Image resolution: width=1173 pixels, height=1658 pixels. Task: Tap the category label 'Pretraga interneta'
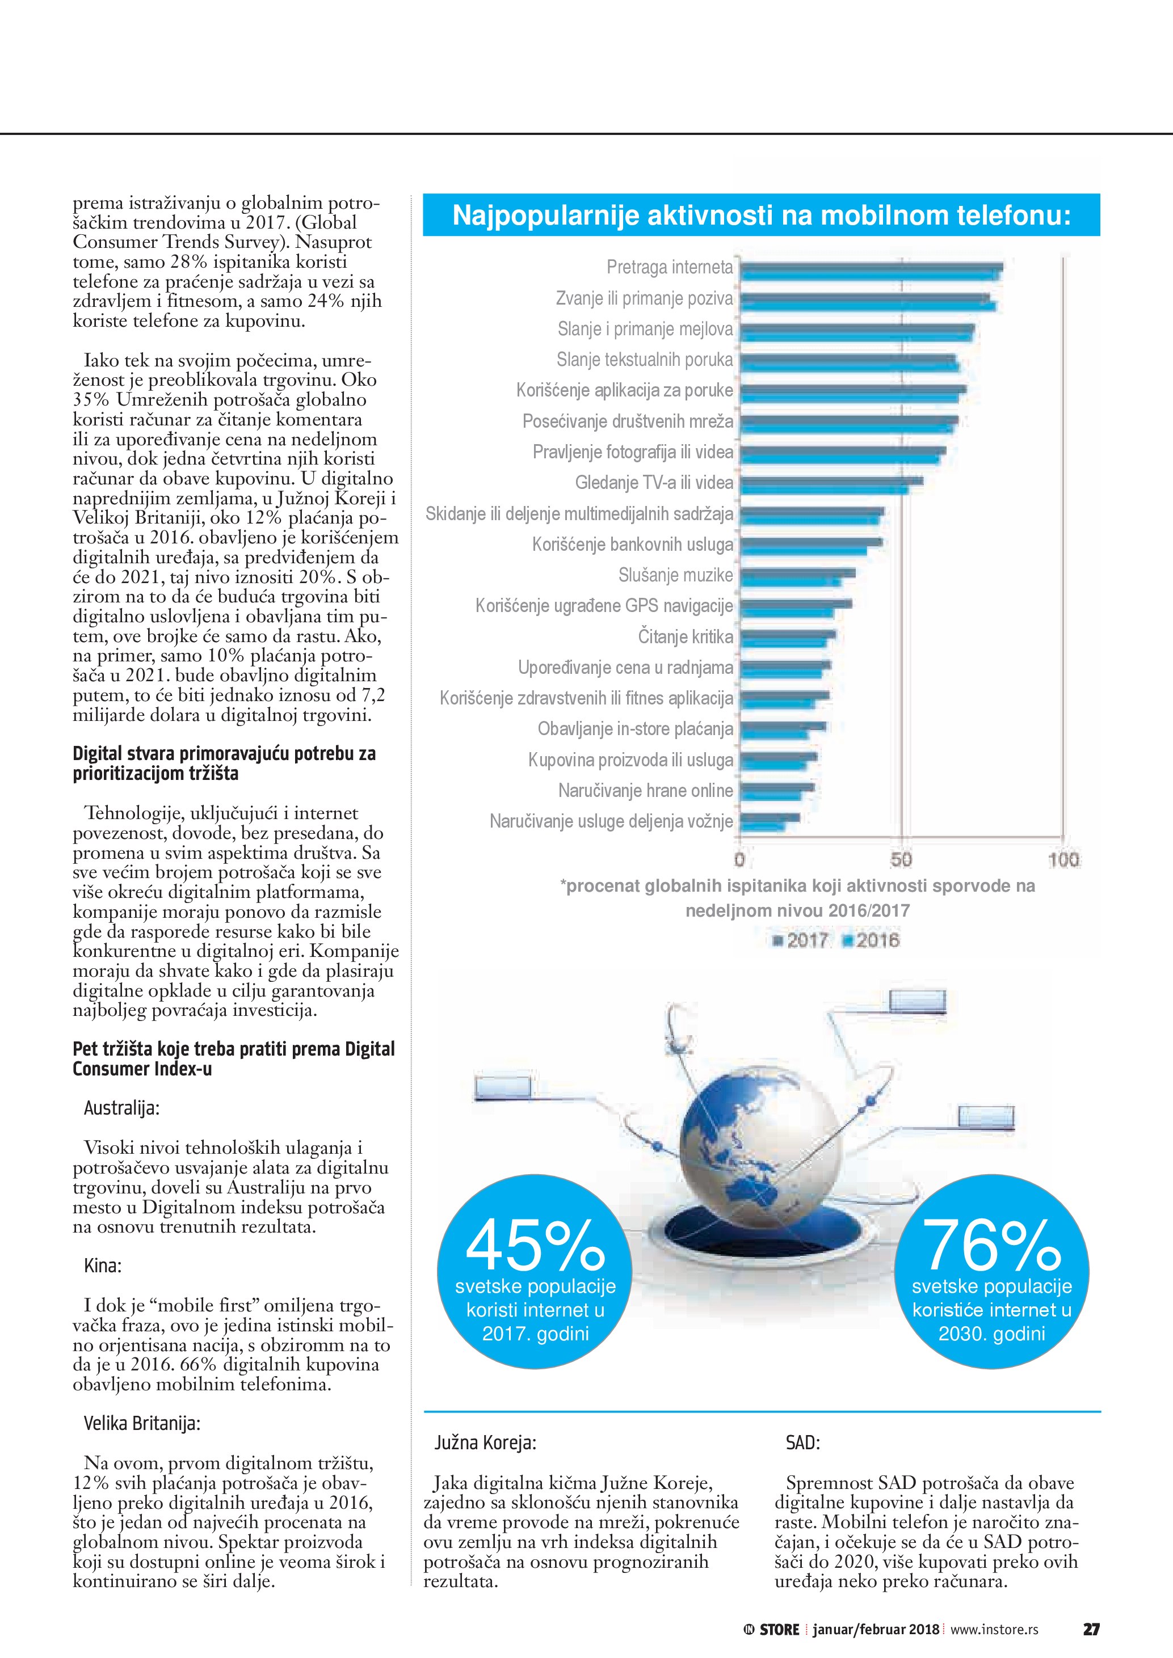[x=670, y=268]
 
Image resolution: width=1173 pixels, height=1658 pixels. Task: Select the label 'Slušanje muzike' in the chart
[x=675, y=576]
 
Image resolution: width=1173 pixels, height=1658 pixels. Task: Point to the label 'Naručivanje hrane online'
[x=646, y=791]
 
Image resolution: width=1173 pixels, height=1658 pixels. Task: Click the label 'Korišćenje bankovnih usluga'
[x=633, y=545]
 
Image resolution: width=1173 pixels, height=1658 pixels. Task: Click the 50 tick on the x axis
[x=901, y=860]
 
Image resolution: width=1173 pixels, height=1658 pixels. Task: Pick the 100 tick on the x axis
[x=1063, y=860]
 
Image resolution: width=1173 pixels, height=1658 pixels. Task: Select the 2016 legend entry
[x=871, y=940]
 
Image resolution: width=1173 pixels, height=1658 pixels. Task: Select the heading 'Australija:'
[x=121, y=1108]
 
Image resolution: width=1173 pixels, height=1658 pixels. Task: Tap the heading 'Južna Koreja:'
[x=485, y=1443]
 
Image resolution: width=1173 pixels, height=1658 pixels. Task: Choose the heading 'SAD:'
[x=802, y=1443]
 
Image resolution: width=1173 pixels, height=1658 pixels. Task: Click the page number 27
[x=1091, y=1629]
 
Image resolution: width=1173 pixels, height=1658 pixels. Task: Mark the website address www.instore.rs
[x=994, y=1629]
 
